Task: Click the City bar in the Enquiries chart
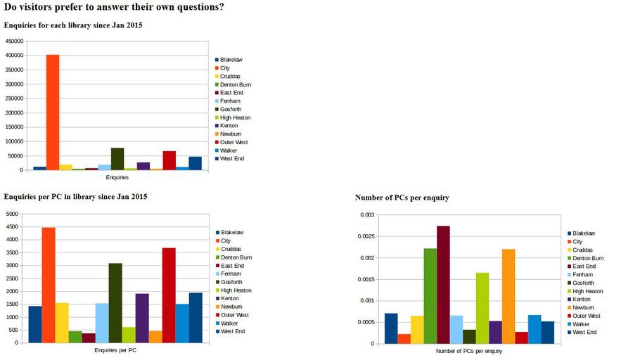(53, 112)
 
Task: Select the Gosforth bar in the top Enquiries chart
(117, 159)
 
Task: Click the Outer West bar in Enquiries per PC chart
(169, 295)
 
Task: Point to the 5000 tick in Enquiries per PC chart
(13, 214)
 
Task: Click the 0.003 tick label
(368, 214)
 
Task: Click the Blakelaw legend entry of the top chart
(231, 60)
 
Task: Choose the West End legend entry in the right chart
(584, 332)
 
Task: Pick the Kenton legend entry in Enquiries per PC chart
(229, 299)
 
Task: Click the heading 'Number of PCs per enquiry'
(402, 198)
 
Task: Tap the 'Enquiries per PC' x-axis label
(115, 350)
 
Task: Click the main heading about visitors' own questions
(114, 8)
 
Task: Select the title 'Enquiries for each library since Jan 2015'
(73, 25)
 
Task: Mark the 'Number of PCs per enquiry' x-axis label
(468, 351)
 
